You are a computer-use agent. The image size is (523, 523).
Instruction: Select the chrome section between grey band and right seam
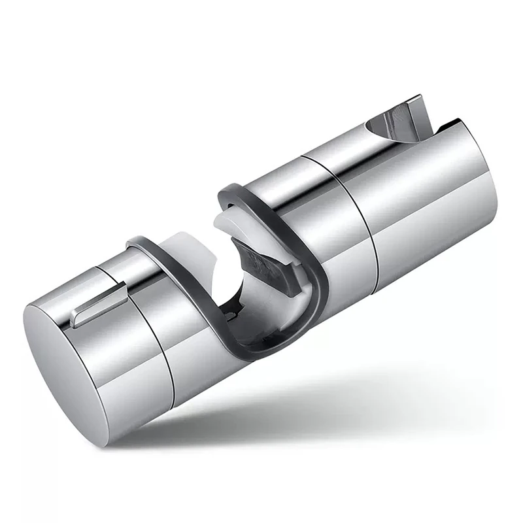(x=327, y=216)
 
